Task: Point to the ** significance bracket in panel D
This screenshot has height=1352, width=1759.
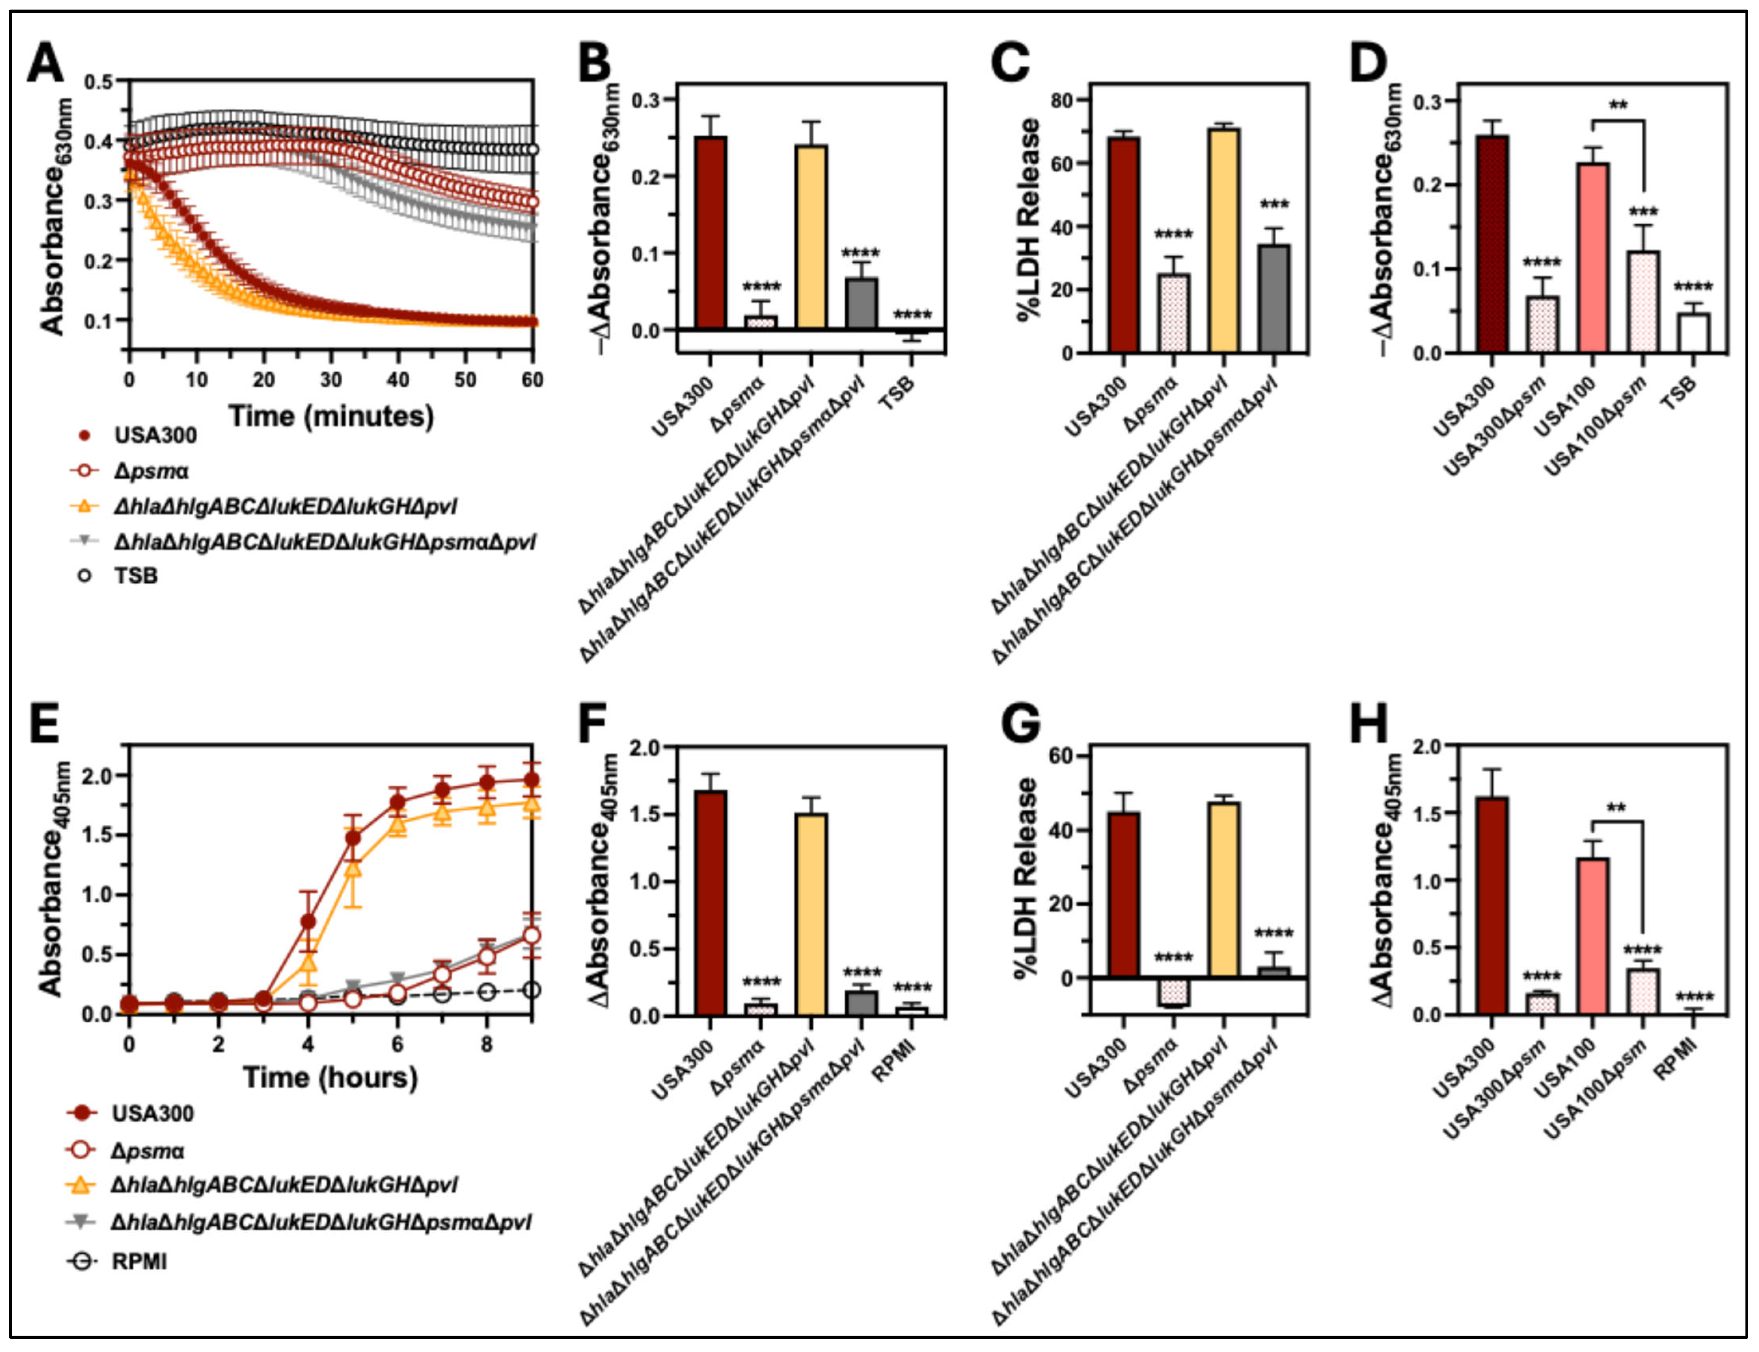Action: click(1618, 121)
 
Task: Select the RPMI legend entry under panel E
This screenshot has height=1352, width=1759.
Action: click(138, 1261)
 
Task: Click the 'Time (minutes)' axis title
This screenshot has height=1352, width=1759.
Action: click(331, 416)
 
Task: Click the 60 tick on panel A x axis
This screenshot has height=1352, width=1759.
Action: click(532, 379)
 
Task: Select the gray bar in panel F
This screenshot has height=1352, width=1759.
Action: click(860, 1003)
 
